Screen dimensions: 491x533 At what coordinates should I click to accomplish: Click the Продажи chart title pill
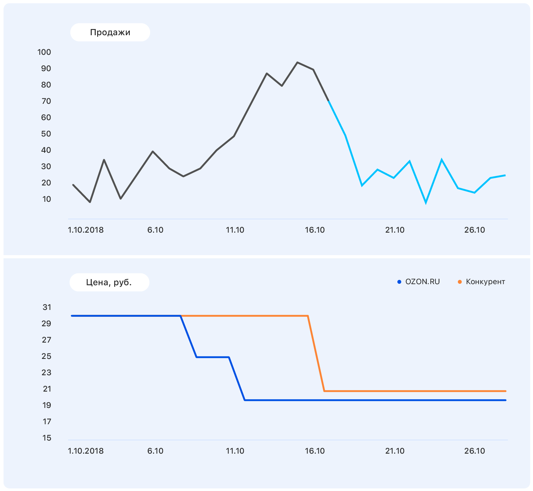110,32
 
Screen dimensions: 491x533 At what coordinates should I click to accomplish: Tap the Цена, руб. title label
109,282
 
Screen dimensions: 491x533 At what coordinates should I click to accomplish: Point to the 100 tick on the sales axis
44,52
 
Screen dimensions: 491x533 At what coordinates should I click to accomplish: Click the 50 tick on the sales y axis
46,134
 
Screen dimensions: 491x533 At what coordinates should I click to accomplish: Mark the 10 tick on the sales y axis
46,199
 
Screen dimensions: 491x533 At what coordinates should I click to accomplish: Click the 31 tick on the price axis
47,307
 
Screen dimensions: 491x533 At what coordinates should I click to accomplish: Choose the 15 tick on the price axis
47,438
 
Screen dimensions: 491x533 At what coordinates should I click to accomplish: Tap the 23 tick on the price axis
46,372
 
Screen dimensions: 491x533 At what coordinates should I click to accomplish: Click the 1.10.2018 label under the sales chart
86,230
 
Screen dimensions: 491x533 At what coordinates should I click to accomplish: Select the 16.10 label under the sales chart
315,230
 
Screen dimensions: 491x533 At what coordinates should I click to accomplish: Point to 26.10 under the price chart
474,451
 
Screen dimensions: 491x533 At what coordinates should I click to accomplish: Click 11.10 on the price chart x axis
235,451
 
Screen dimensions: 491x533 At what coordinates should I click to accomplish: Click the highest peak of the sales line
297,62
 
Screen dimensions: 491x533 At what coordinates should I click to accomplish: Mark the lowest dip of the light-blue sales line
426,202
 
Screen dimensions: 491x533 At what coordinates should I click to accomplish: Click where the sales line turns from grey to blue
329,101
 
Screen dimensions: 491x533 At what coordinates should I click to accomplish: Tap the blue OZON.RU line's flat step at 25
212,357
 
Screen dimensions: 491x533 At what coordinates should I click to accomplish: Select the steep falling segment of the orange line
316,353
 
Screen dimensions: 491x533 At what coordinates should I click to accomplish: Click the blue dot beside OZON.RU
399,282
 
